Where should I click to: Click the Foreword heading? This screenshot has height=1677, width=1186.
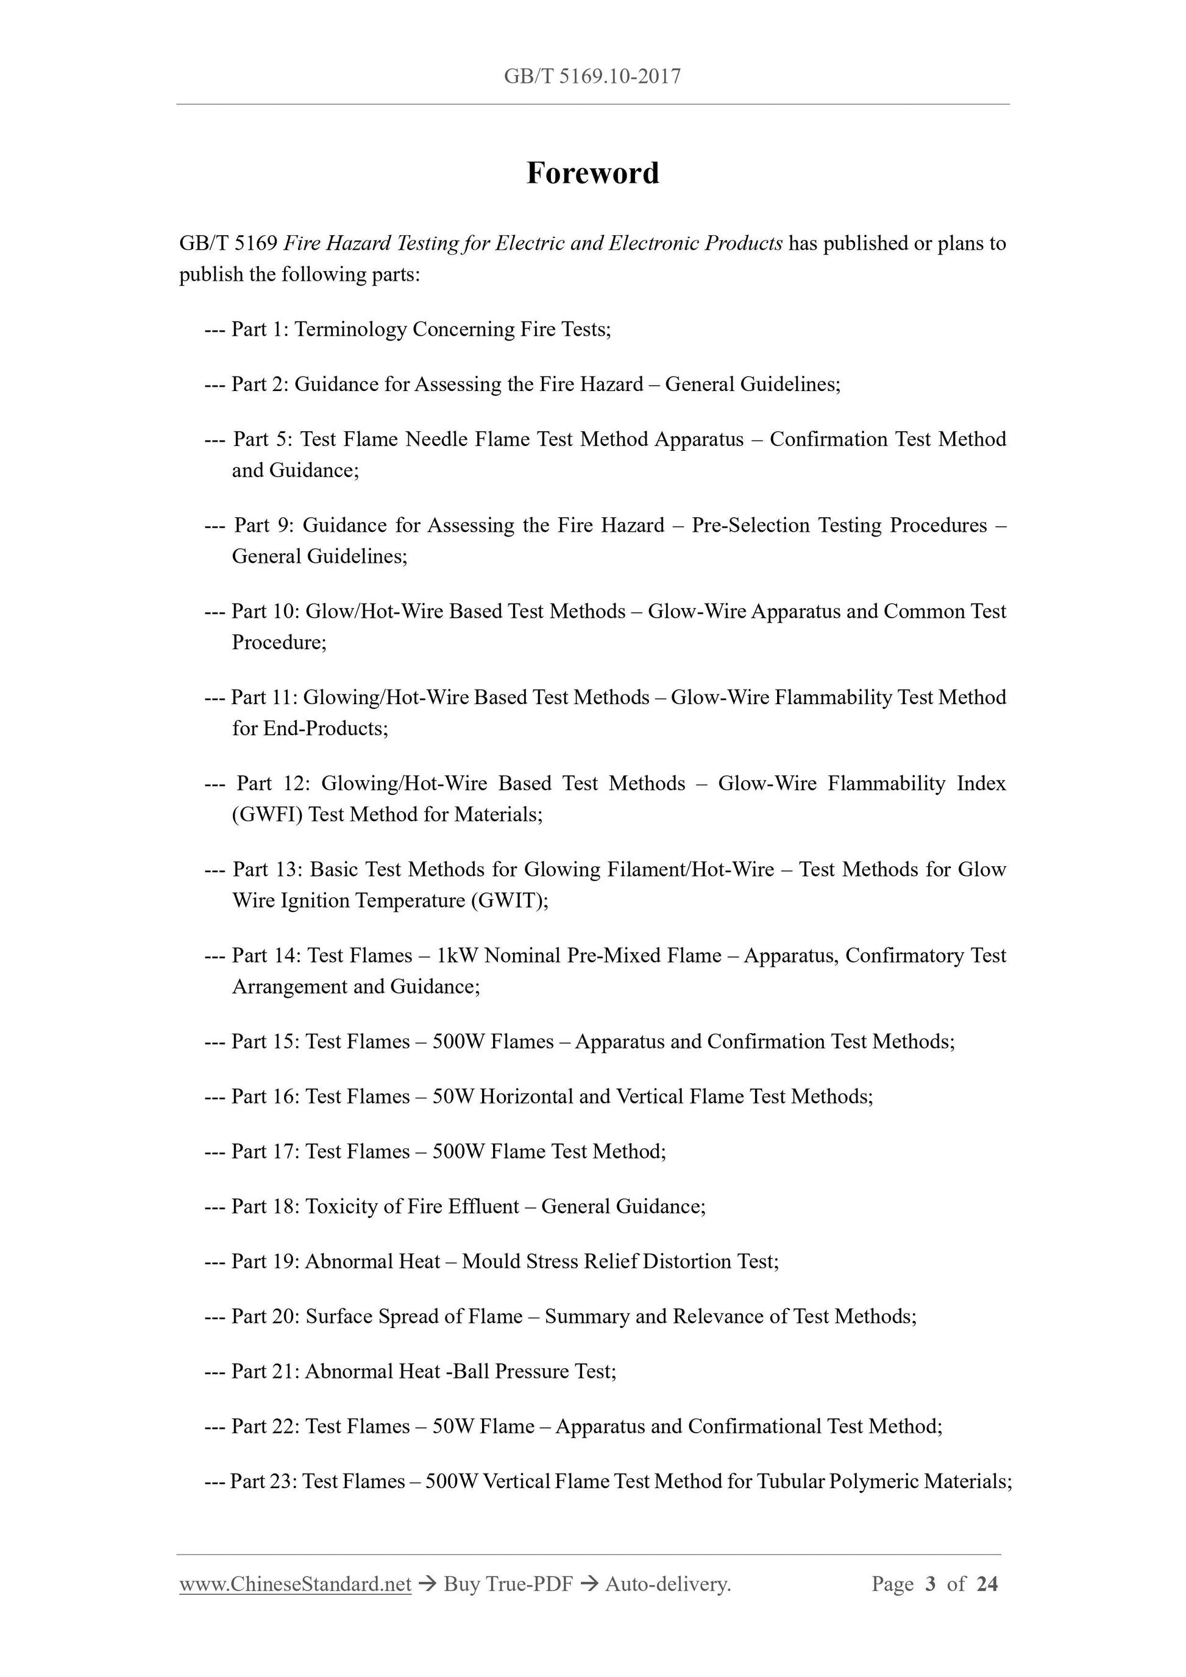(592, 173)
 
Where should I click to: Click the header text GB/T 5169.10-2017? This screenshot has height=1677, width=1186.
(592, 76)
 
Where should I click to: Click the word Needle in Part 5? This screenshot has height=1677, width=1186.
(436, 439)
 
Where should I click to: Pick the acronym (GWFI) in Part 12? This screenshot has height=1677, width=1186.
(267, 814)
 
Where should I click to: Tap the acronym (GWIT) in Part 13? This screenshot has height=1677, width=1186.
(510, 900)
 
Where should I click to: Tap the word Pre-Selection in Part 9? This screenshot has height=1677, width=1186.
(750, 525)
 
